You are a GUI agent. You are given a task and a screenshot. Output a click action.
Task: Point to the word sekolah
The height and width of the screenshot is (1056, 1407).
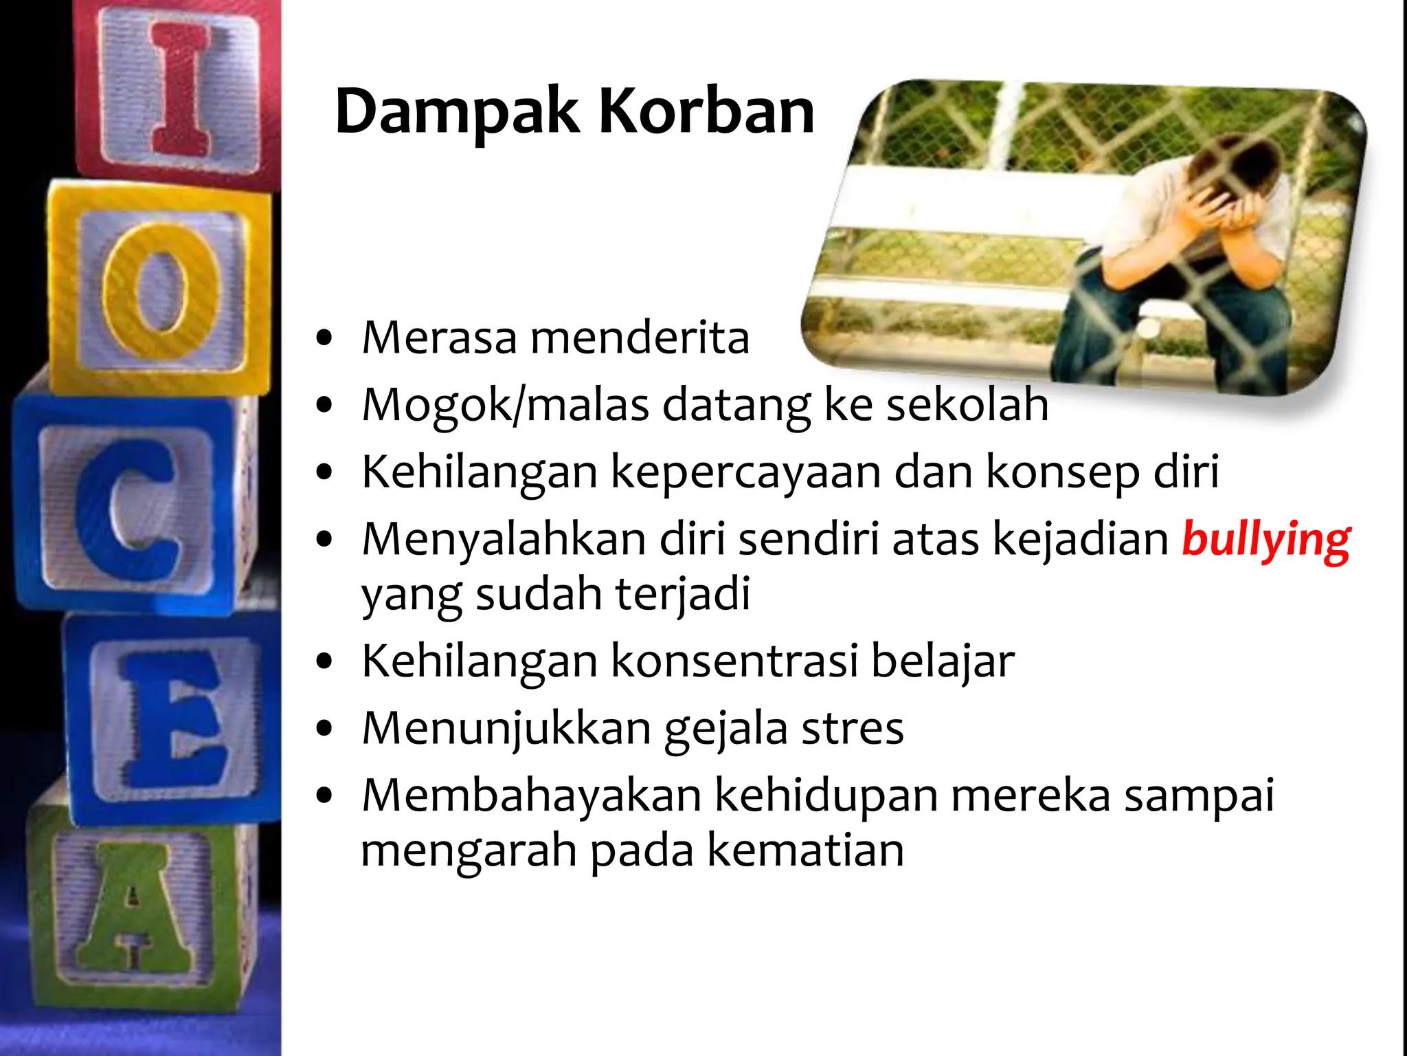[967, 404]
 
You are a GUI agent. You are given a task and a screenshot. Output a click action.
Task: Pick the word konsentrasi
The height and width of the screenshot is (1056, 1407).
[734, 661]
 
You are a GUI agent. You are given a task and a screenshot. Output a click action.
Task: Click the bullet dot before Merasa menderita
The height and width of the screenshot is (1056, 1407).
[324, 338]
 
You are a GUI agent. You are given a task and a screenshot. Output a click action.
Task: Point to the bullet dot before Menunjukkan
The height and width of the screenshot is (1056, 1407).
[324, 729]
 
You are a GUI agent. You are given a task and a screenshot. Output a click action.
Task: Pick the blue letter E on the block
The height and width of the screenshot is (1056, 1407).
[172, 718]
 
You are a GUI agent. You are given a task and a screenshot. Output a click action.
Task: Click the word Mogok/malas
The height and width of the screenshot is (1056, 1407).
[505, 404]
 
